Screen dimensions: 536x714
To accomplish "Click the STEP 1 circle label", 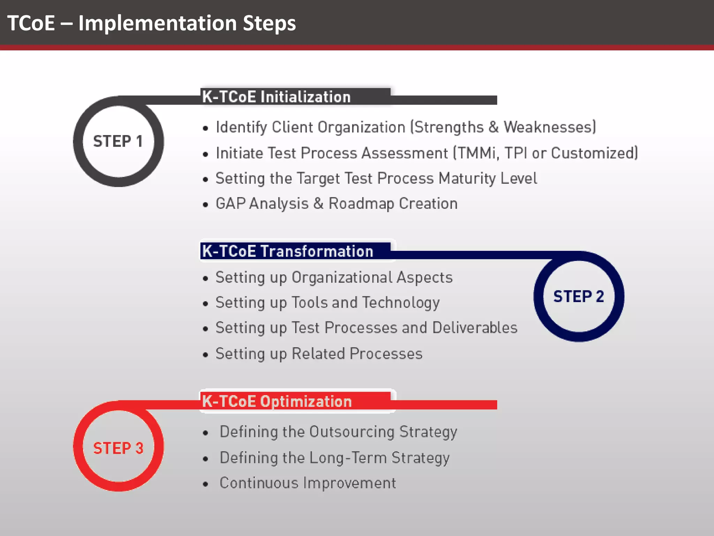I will [118, 141].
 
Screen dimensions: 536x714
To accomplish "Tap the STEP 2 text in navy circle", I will [578, 296].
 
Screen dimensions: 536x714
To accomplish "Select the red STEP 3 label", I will [118, 448].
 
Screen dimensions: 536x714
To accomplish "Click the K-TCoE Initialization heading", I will [276, 97].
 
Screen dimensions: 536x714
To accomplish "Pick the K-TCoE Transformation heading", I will [287, 251].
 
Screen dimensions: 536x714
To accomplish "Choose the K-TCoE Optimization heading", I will [277, 401].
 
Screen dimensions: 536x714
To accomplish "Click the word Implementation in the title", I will [158, 23].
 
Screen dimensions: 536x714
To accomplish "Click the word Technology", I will [401, 303].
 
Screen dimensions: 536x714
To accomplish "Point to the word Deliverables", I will [475, 328].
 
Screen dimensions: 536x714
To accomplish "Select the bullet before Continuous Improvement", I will [205, 484].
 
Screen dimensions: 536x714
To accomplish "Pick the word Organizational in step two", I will [342, 277].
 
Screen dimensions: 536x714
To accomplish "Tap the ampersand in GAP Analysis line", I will [318, 203].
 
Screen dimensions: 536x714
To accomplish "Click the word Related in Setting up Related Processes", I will [318, 353].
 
